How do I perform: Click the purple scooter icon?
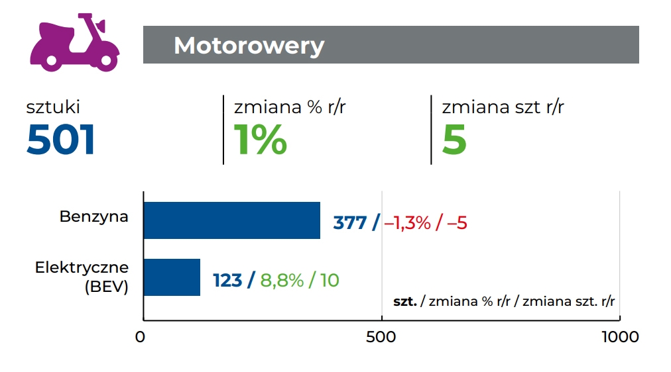click(x=74, y=42)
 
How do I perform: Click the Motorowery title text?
click(x=249, y=46)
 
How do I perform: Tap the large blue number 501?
click(x=61, y=140)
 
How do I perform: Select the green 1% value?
click(x=261, y=140)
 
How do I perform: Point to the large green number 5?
click(x=454, y=140)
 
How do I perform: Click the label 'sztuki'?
click(x=53, y=107)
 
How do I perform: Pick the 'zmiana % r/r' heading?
click(x=290, y=107)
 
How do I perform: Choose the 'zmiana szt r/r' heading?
click(x=503, y=107)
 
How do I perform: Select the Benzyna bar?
click(x=231, y=220)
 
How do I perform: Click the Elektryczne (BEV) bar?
click(x=172, y=277)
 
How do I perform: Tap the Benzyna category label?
click(x=93, y=216)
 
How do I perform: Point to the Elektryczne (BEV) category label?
click(x=82, y=277)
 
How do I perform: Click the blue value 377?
click(x=349, y=223)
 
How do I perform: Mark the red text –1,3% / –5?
click(x=426, y=223)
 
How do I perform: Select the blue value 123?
click(x=227, y=281)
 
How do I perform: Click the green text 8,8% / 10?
click(x=299, y=281)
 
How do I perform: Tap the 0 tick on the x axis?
click(x=140, y=337)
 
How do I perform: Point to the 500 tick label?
click(x=381, y=337)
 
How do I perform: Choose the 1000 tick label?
click(x=619, y=337)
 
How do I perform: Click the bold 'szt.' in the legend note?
click(x=404, y=302)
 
